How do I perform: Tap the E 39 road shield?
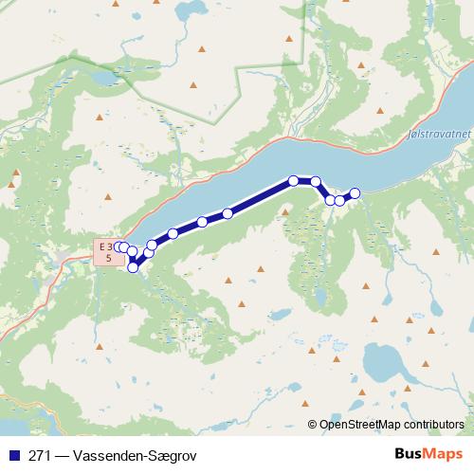109,251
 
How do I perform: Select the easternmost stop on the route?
355,193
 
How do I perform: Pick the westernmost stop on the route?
118,246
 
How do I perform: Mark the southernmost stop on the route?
133,267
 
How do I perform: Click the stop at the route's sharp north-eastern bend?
316,181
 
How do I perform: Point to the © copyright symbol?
313,425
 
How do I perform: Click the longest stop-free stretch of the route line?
261,197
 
